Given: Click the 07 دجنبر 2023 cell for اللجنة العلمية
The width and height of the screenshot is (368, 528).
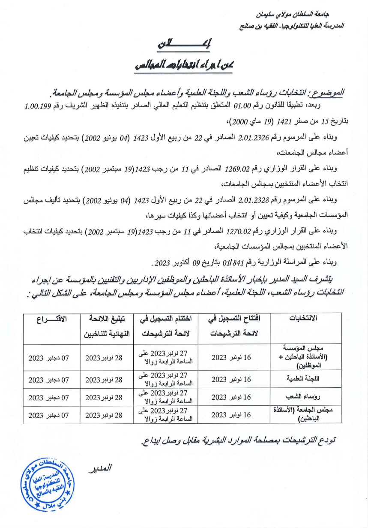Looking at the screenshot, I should [48, 379].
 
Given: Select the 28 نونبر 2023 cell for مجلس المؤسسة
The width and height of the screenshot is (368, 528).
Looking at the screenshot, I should [104, 357].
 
